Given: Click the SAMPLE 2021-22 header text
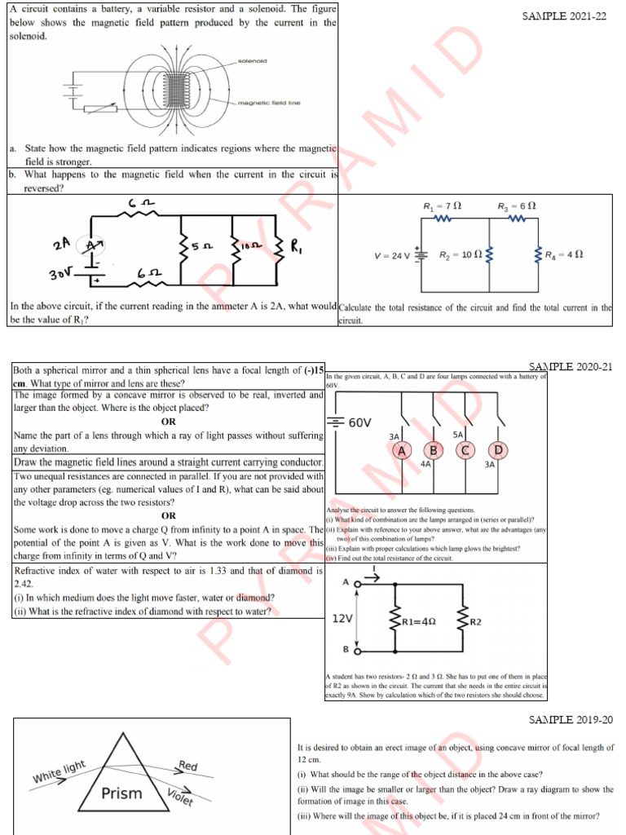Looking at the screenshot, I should [x=564, y=16].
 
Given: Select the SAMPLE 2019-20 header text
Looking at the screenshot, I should [x=571, y=719].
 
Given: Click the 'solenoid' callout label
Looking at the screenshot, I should [x=252, y=61].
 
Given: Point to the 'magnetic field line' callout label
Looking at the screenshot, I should [x=269, y=103].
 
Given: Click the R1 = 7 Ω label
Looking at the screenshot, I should [x=443, y=206].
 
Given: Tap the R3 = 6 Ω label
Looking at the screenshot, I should [x=516, y=206].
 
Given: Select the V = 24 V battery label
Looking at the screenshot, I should [x=393, y=255].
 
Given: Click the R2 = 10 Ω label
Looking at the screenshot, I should [x=461, y=254].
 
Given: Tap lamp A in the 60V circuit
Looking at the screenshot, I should [x=400, y=450].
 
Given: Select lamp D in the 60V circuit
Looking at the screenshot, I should [x=497, y=450].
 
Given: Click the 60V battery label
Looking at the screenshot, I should [x=359, y=422].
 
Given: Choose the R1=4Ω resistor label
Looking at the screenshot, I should [x=419, y=621].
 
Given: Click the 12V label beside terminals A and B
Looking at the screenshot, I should [x=342, y=618].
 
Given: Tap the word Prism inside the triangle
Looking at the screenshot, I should [x=121, y=793].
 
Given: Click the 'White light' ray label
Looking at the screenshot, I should [x=59, y=772].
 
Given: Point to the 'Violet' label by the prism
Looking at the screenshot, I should [x=180, y=797].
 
